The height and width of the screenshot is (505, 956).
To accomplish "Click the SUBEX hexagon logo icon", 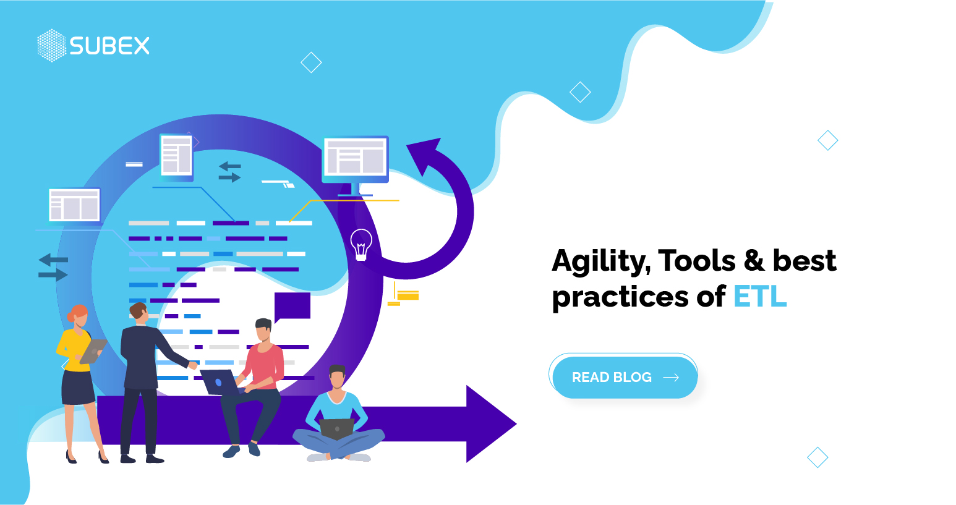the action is point(52,46).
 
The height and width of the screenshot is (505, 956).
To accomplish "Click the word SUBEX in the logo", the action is point(109,46).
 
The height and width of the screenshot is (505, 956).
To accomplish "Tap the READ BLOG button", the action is point(624,376).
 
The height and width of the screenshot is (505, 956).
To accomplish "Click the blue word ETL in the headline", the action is point(760,297).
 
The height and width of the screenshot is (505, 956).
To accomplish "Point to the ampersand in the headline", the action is point(754,260).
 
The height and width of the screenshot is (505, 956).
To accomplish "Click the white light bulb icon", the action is point(361,244).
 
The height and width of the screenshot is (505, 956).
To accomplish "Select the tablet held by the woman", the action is point(93,351).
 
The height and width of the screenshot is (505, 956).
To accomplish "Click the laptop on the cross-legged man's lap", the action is point(337,428).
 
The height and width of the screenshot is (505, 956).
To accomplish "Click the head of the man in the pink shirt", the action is point(263,329).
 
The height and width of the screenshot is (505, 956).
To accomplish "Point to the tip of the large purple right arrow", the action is point(516,423).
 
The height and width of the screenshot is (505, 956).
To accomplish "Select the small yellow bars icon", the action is point(403,294).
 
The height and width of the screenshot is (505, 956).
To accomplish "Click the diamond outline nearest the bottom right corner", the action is point(817,457).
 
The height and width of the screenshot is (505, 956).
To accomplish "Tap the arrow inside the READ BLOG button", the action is point(671,377).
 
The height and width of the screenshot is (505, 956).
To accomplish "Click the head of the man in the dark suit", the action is point(138,313).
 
